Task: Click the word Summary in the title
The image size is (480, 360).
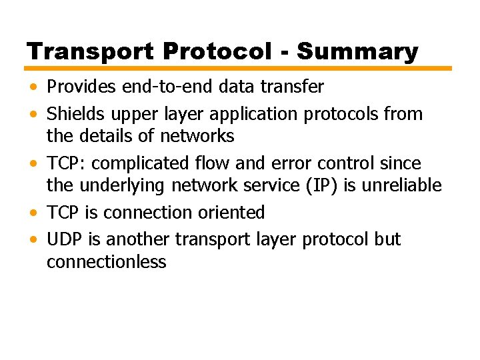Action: click(358, 51)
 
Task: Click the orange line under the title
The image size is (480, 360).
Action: click(239, 68)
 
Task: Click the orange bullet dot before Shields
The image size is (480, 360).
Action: click(33, 115)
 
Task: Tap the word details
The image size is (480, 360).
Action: click(108, 136)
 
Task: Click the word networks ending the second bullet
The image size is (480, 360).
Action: click(197, 136)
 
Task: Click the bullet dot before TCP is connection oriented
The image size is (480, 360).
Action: click(33, 213)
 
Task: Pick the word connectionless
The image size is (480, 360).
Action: click(106, 261)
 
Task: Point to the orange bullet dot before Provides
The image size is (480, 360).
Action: click(33, 87)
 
